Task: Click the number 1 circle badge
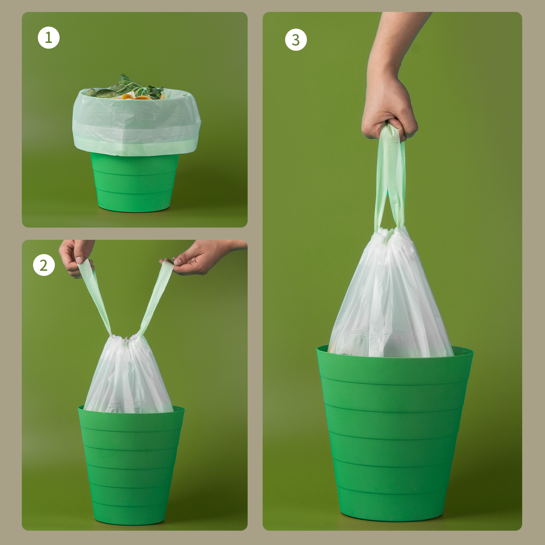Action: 48,37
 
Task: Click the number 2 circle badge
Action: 44,265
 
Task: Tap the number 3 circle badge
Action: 296,40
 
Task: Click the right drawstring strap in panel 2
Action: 155,296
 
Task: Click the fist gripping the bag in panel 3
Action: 389,112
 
